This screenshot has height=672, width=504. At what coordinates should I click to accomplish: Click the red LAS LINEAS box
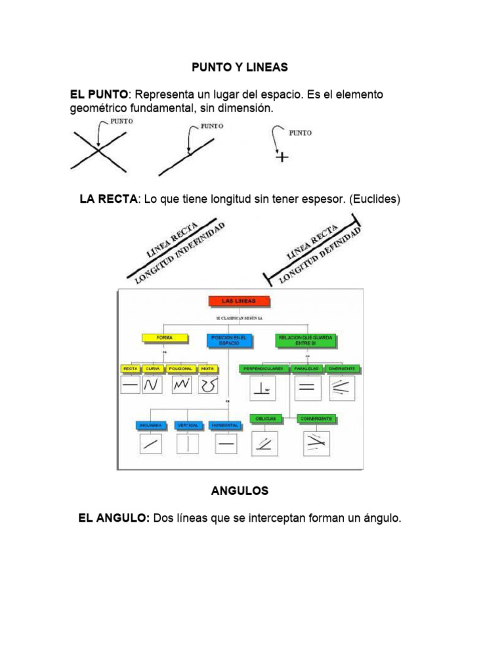pyautogui.click(x=240, y=301)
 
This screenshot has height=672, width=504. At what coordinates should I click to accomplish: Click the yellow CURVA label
pyautogui.click(x=153, y=369)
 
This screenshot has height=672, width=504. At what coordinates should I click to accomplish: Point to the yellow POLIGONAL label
pyautogui.click(x=181, y=369)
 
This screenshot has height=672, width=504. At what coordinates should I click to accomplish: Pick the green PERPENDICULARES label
pyautogui.click(x=263, y=369)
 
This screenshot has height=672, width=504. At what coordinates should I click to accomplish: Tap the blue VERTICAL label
pyautogui.click(x=188, y=425)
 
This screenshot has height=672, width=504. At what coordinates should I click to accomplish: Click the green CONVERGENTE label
pyautogui.click(x=316, y=418)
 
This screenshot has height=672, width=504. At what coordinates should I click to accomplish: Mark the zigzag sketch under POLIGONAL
pyautogui.click(x=181, y=385)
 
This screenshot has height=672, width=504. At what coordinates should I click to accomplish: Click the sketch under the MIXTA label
pyautogui.click(x=208, y=385)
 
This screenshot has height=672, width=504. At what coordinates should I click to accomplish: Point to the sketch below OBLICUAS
pyautogui.click(x=264, y=443)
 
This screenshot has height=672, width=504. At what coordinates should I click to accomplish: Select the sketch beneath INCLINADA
pyautogui.click(x=151, y=444)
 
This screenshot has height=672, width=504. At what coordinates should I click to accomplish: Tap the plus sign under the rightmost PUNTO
pyautogui.click(x=282, y=157)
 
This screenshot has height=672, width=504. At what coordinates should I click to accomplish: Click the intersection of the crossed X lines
pyautogui.click(x=99, y=151)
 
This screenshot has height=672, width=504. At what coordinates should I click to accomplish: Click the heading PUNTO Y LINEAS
pyautogui.click(x=240, y=68)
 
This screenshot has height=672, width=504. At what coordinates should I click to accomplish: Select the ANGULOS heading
pyautogui.click(x=240, y=491)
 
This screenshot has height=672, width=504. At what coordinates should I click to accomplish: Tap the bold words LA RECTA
pyautogui.click(x=108, y=199)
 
